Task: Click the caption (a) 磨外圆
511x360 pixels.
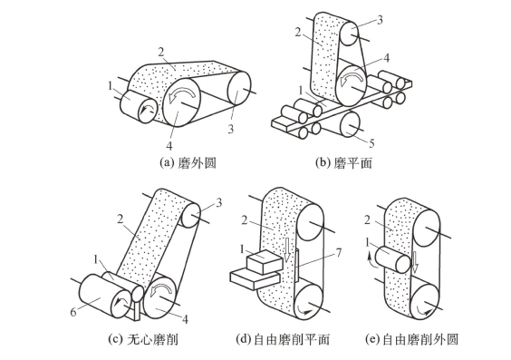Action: point(188,162)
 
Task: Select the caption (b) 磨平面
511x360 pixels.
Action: point(343,162)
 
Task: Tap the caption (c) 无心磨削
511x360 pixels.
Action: point(143,339)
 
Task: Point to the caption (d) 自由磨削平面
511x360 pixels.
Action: point(283,339)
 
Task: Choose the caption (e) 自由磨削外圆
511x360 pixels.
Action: point(411,339)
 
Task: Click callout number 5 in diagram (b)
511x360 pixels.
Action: point(371,143)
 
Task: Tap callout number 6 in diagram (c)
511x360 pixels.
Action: point(73,312)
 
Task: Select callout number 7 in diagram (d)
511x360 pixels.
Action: point(339,253)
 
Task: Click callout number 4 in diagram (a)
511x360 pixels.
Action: point(169,146)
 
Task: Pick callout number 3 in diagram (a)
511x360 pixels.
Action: point(231,130)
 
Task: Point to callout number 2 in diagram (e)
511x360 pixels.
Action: point(367,220)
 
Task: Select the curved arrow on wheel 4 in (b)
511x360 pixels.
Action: point(352,79)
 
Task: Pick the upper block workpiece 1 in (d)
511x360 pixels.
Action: point(265,262)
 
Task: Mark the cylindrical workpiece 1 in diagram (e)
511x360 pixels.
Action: point(392,259)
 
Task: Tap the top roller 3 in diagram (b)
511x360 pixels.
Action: point(350,32)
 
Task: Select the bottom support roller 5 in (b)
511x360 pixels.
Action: point(350,124)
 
